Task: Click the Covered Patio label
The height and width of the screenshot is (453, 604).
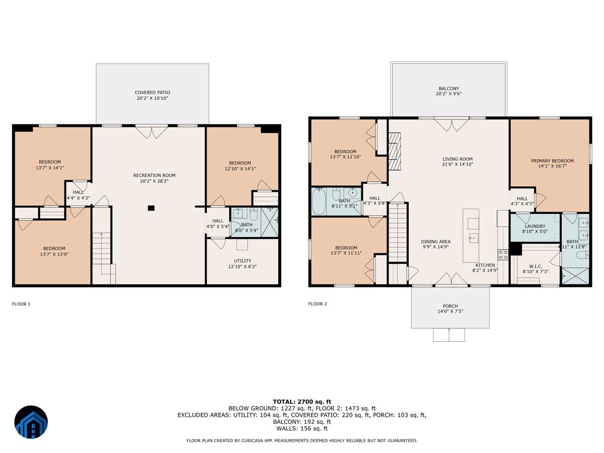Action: [152, 93]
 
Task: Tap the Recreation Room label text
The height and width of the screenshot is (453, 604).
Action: [154, 175]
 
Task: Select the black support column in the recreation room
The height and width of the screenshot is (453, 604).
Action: [150, 208]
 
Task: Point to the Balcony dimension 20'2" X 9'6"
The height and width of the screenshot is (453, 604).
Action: [448, 94]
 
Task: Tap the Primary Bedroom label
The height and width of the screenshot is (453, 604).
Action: [552, 161]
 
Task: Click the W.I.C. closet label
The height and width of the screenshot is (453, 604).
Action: [535, 267]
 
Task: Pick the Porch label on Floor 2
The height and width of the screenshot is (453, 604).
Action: [450, 306]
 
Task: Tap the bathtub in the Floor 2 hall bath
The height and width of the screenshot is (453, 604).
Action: [319, 202]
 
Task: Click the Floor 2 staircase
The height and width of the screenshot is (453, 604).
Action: [398, 232]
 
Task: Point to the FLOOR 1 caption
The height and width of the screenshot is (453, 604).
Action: [21, 304]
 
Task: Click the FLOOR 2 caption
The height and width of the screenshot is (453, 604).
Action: [318, 304]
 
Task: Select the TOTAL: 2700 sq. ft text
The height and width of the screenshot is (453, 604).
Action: [302, 401]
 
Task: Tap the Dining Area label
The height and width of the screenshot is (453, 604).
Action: [435, 242]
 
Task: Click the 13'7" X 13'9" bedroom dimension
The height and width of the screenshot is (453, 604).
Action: [53, 255]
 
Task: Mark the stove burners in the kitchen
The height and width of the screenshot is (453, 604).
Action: [503, 254]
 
